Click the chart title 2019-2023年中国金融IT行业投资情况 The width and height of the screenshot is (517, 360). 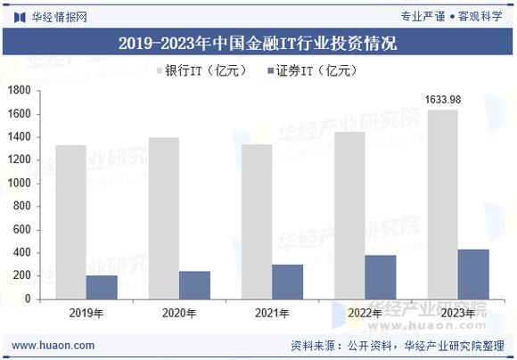pos(258,43)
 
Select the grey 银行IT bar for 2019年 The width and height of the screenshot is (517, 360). pos(70,223)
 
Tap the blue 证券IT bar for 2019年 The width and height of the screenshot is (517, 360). pos(102,287)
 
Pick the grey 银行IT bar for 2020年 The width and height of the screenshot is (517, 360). pos(163,218)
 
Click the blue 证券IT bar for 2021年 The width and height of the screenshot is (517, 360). pos(288,282)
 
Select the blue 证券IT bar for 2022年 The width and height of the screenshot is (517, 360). pos(381,277)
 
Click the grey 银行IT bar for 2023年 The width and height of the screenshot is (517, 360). pos(443,205)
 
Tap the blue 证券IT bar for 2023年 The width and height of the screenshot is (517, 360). pos(473,274)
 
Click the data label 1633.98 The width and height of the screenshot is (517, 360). pos(443,99)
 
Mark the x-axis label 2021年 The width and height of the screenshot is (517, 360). pos(272,313)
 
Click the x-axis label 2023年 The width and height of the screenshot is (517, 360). pos(458,313)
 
